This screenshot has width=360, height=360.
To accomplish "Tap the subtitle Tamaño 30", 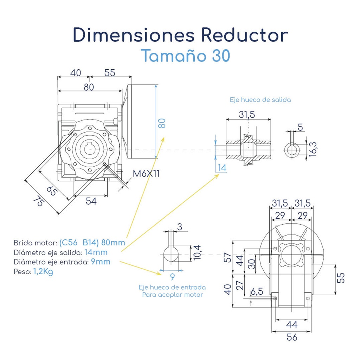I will tap(185, 56).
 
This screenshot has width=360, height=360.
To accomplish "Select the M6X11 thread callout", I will tap(146, 173).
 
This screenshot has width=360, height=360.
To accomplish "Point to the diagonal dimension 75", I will tap(39, 202).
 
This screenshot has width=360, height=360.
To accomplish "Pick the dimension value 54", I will tap(91, 201).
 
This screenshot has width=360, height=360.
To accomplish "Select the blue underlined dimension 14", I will tap(221, 168).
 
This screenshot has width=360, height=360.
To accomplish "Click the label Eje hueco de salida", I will tap(260, 100).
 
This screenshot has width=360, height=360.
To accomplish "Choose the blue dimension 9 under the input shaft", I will tap(172, 277).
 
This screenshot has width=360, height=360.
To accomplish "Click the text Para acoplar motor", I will tap(172, 295).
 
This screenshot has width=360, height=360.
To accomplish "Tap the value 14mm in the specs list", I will tap(96, 252).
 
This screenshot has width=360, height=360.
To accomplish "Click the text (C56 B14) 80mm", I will tap(92, 243).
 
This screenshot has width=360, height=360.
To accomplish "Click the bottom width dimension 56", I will tap(292, 337).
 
